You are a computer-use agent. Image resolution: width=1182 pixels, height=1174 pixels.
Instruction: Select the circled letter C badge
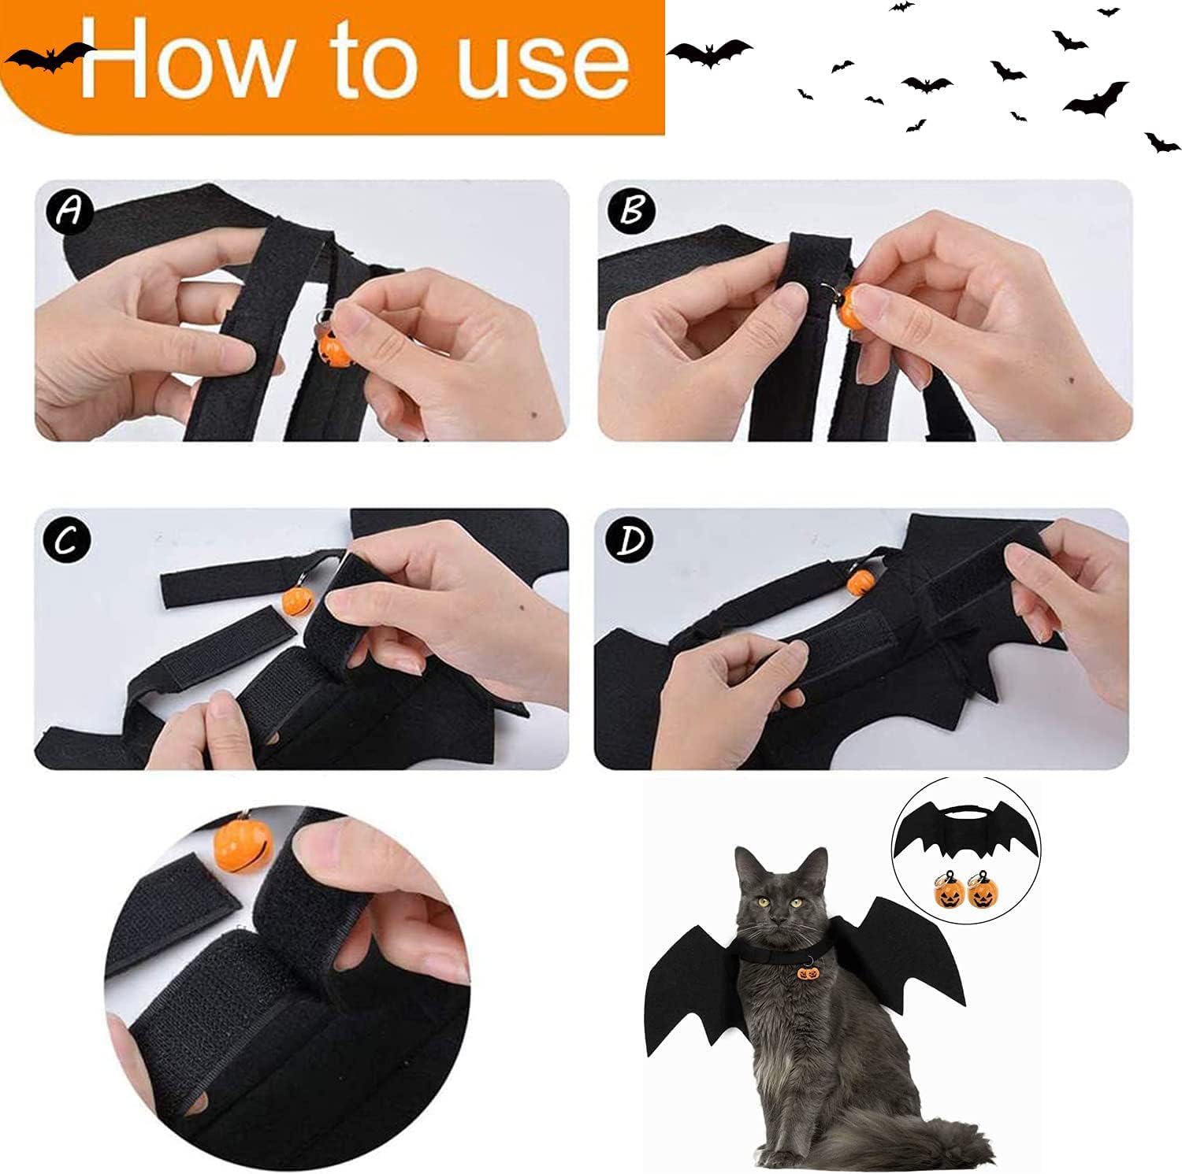(67, 539)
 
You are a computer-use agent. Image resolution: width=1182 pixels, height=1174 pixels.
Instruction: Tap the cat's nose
(780, 921)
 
